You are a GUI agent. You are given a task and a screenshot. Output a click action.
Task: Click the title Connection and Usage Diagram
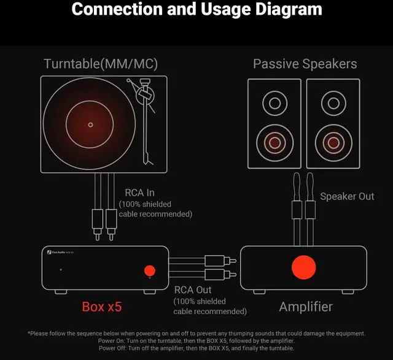pyautogui.click(x=196, y=10)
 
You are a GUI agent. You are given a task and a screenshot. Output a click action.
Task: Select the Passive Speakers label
pyautogui.click(x=305, y=64)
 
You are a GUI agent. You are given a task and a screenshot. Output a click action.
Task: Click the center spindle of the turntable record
pyautogui.click(x=90, y=124)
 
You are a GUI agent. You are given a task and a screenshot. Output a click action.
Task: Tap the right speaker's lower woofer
pyautogui.click(x=333, y=142)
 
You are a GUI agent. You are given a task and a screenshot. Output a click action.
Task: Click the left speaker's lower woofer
pyautogui.click(x=274, y=142)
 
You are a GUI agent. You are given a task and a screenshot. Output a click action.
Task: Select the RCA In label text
pyautogui.click(x=139, y=193)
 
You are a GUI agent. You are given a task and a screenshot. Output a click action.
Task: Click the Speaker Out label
pyautogui.click(x=347, y=196)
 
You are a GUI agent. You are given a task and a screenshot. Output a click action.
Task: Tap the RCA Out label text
pyautogui.click(x=193, y=290)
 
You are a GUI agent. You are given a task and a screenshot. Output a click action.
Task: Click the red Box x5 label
pyautogui.click(x=102, y=306)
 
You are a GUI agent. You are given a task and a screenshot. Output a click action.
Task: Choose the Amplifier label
pyautogui.click(x=306, y=306)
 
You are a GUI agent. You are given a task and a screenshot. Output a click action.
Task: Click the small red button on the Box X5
pyautogui.click(x=149, y=270)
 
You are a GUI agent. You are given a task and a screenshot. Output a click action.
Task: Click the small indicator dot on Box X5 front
pyautogui.click(x=60, y=270)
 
